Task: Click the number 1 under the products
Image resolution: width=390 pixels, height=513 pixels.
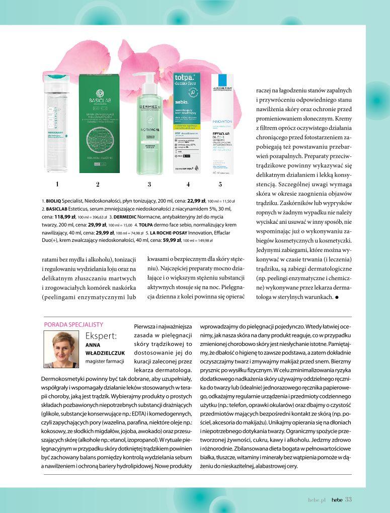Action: pyautogui.click(x=57, y=184)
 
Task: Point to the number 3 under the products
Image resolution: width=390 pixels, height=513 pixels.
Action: pyautogui.click(x=149, y=184)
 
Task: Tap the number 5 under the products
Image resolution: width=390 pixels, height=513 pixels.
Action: pyautogui.click(x=220, y=184)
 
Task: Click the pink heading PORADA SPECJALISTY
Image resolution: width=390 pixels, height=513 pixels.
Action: pyautogui.click(x=74, y=325)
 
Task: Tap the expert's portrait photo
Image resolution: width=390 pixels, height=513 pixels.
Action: pyautogui.click(x=63, y=350)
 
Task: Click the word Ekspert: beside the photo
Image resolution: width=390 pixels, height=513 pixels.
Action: pyautogui.click(x=102, y=336)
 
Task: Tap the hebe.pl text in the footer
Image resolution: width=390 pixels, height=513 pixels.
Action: pyautogui.click(x=318, y=499)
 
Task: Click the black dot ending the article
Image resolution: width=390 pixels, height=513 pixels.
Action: pyautogui.click(x=336, y=297)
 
